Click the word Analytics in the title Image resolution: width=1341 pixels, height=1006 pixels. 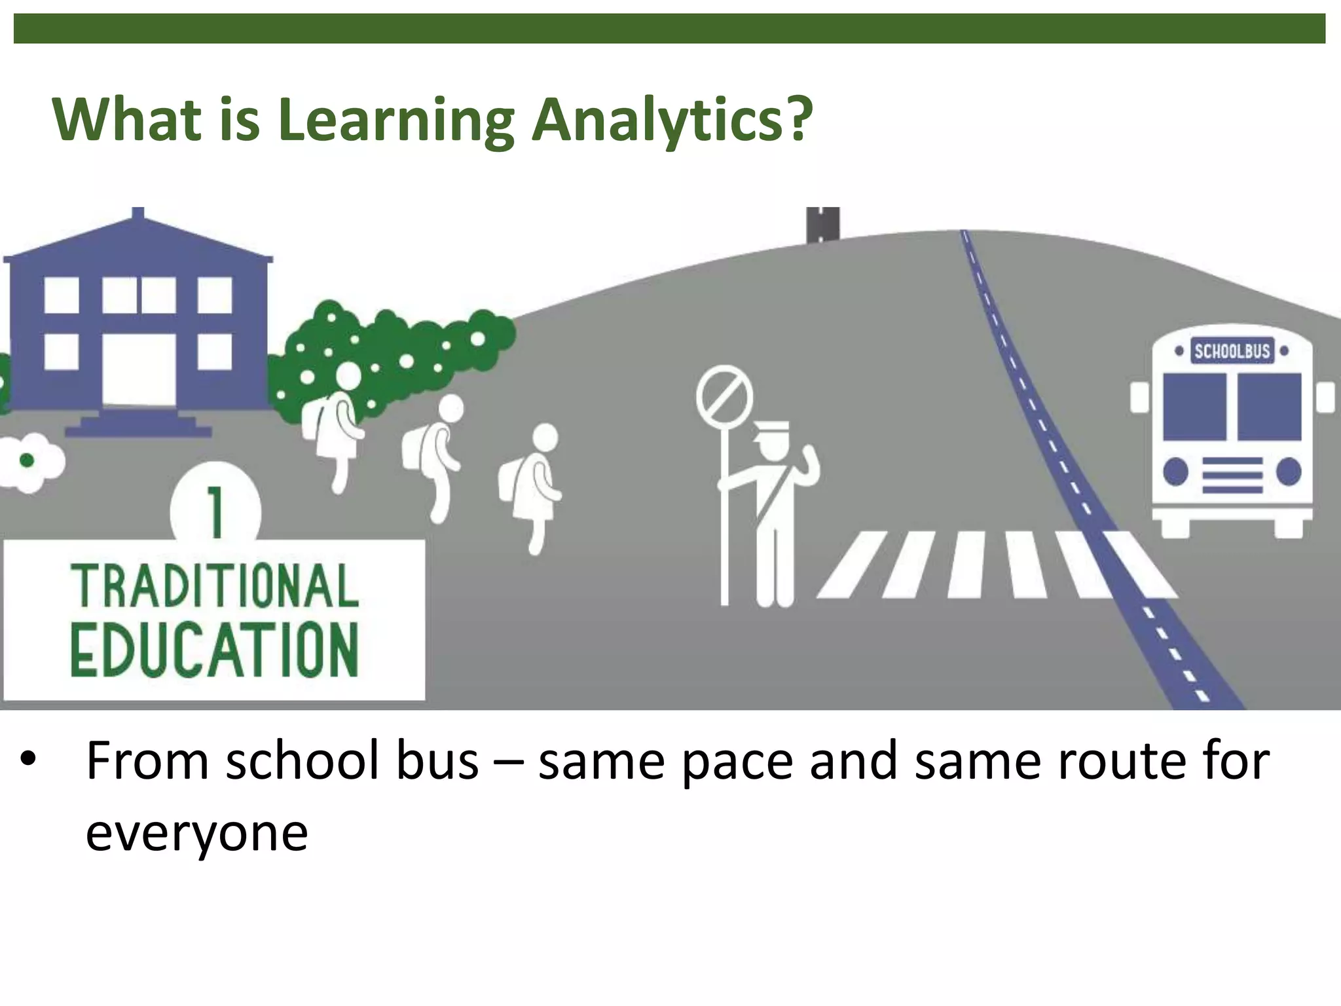(671, 121)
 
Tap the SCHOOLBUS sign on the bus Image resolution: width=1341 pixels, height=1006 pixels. (1232, 352)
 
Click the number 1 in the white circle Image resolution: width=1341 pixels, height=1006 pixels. (215, 515)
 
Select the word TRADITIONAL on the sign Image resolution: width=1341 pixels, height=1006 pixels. (215, 587)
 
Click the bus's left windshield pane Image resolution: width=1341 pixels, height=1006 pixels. (1194, 407)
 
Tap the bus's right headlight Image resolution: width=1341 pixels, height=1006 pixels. (1289, 472)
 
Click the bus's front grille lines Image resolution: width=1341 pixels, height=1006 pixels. (1232, 474)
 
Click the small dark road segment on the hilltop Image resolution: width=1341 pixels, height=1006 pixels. (822, 224)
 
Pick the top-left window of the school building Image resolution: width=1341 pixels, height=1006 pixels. (62, 295)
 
